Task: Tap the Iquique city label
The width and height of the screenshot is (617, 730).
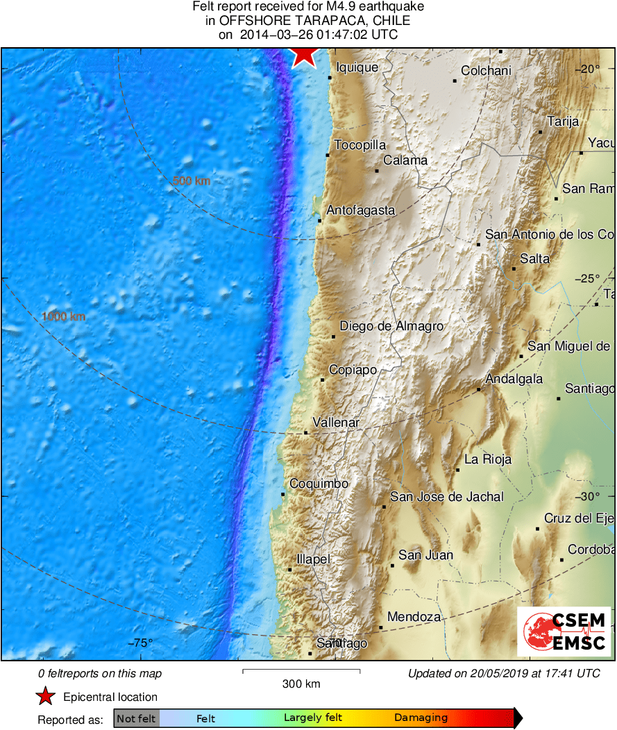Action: point(357,67)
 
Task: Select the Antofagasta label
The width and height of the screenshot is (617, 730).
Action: point(360,210)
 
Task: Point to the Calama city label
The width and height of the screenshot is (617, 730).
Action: point(405,160)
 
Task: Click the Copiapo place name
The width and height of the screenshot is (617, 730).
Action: point(353,370)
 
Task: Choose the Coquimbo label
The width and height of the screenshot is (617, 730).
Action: point(319,484)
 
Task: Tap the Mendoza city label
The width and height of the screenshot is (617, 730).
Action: point(414,617)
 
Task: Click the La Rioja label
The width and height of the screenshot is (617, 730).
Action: point(488,459)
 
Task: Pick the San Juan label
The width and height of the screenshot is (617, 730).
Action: point(425,555)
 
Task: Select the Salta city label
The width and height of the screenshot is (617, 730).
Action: point(534,259)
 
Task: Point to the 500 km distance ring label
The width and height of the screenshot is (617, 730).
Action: point(192,181)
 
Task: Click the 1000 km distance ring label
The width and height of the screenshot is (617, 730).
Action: point(63,316)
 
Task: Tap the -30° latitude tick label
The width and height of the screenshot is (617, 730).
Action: point(590,496)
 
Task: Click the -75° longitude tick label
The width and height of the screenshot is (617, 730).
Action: point(141,643)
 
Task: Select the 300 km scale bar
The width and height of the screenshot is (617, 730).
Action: point(301,671)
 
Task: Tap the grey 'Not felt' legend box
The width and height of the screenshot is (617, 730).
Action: point(137,718)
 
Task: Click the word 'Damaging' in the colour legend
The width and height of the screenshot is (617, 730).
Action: point(421,718)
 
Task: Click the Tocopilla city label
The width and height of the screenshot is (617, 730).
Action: point(360,146)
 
